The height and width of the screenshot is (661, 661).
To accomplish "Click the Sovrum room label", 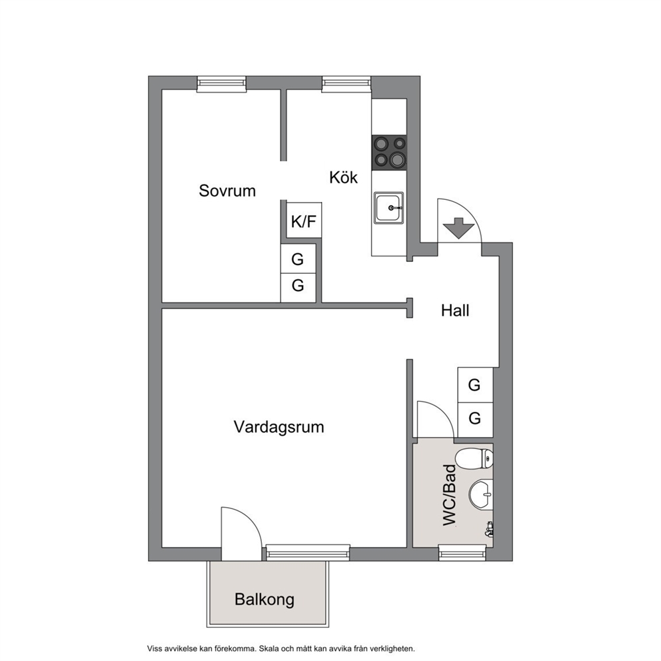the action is click(x=227, y=191).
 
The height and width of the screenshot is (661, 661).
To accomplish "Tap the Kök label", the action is click(x=343, y=177).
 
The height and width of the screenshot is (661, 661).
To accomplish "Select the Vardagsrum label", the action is click(x=279, y=427).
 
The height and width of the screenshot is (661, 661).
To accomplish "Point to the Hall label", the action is click(x=455, y=311).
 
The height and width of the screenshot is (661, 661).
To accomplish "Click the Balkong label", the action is click(x=265, y=600).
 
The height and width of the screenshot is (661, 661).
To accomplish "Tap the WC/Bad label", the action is click(x=449, y=495).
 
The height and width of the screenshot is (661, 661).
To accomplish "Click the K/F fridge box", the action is click(x=304, y=221).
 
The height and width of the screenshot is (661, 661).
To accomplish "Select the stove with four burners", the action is click(x=389, y=152).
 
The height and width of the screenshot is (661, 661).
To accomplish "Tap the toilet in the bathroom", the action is click(x=474, y=458).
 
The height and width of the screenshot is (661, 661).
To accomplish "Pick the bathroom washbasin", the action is click(x=481, y=495).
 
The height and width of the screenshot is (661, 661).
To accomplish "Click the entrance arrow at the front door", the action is click(x=458, y=228).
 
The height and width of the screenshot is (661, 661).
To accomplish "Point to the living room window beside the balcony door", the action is click(x=308, y=552).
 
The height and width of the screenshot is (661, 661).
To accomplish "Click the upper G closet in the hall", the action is click(x=475, y=385).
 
